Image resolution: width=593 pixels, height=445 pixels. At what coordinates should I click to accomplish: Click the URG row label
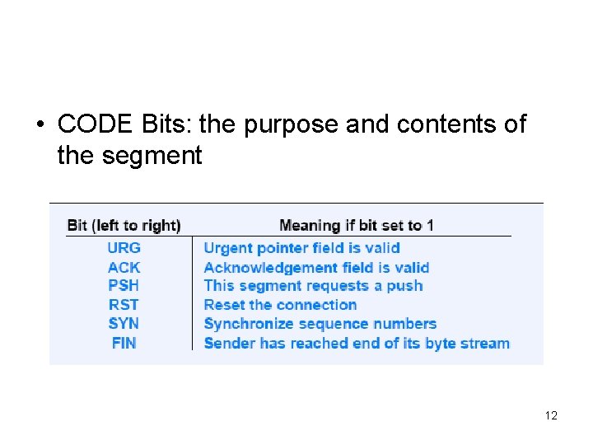pyautogui.click(x=124, y=247)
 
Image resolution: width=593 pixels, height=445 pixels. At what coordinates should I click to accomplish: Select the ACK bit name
pyautogui.click(x=124, y=267)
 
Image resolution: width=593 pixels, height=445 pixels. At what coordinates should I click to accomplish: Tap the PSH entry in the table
pyautogui.click(x=124, y=285)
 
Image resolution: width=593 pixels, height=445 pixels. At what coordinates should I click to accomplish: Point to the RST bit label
pyautogui.click(x=124, y=304)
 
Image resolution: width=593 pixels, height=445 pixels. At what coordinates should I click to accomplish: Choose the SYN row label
pyautogui.click(x=124, y=323)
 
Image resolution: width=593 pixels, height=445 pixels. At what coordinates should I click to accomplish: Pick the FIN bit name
pyautogui.click(x=124, y=343)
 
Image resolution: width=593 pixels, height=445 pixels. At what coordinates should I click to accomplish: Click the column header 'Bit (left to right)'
pyautogui.click(x=124, y=225)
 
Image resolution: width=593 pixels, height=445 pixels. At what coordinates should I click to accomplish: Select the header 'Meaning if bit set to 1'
pyautogui.click(x=356, y=225)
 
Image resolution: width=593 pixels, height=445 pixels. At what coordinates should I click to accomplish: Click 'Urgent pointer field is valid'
pyautogui.click(x=301, y=247)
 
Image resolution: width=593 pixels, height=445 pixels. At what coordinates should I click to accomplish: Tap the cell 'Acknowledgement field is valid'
pyautogui.click(x=316, y=267)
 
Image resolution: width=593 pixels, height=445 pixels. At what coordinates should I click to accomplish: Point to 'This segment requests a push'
pyautogui.click(x=313, y=285)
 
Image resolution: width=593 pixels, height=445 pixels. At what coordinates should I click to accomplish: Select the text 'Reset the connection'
pyautogui.click(x=280, y=304)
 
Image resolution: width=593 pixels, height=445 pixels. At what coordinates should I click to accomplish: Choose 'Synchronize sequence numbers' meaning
pyautogui.click(x=320, y=323)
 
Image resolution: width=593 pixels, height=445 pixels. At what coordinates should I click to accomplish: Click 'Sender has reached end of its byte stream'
pyautogui.click(x=357, y=343)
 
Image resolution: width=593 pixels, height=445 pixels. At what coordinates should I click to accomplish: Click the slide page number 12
pyautogui.click(x=551, y=415)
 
